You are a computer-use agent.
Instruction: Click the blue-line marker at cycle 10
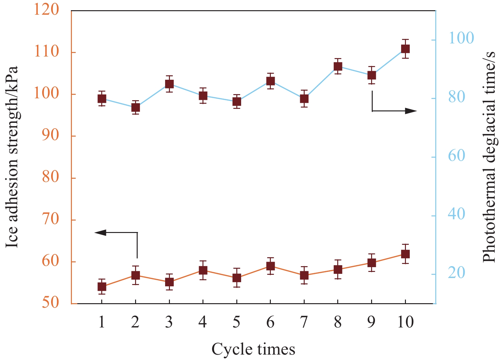(x=405, y=49)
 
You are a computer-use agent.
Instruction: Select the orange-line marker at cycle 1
(x=102, y=287)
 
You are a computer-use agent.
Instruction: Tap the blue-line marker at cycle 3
(x=169, y=84)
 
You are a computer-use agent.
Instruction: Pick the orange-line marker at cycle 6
(x=271, y=266)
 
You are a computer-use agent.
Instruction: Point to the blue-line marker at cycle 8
(x=338, y=66)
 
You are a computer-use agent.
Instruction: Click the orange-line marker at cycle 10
(x=405, y=254)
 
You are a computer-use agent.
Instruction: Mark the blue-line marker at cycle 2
(x=136, y=108)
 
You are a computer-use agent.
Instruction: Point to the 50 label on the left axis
(x=50, y=302)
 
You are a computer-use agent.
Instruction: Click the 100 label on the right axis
(x=461, y=38)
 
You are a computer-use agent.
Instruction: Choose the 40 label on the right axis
(x=456, y=214)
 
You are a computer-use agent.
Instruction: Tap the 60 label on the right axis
(x=456, y=156)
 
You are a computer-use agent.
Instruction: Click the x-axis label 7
(x=304, y=322)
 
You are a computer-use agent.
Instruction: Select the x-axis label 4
(x=202, y=322)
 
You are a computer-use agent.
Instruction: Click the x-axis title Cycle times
(x=253, y=349)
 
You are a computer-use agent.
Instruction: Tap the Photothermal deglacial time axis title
(x=489, y=157)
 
